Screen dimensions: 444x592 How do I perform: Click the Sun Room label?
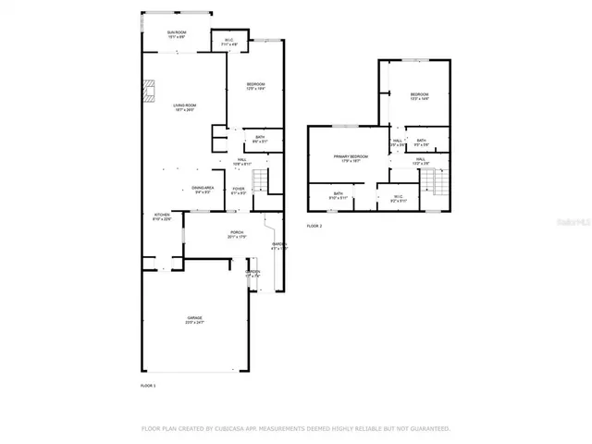pyautogui.click(x=178, y=33)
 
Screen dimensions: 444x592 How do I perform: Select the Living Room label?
pyautogui.click(x=185, y=107)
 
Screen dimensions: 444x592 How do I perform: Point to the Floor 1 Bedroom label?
pyautogui.click(x=256, y=87)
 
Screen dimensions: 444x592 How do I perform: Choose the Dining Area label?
pyautogui.click(x=203, y=191)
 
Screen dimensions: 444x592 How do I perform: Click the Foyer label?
pyautogui.click(x=239, y=191)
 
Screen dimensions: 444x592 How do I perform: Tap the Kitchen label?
pyautogui.click(x=161, y=218)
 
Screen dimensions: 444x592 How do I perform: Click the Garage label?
pyautogui.click(x=194, y=321)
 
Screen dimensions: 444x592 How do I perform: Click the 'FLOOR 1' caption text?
pyautogui.click(x=148, y=384)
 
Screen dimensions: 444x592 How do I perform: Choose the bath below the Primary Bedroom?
pyautogui.click(x=339, y=196)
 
